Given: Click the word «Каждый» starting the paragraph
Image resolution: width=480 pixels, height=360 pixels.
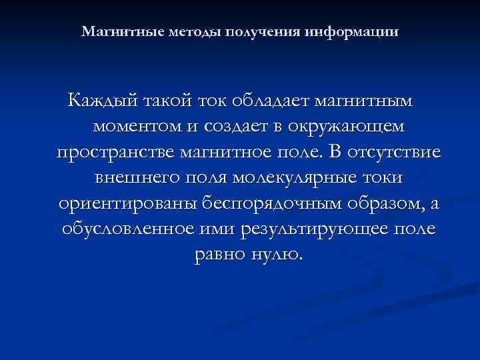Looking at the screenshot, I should point(101,101).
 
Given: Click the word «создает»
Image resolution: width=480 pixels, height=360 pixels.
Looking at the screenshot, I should point(235,127).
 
